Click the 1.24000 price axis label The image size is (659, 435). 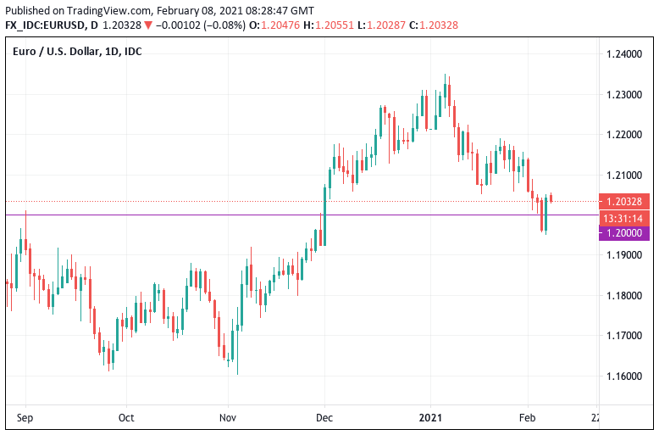pyautogui.click(x=623, y=54)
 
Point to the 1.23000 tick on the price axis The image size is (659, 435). pyautogui.click(x=623, y=94)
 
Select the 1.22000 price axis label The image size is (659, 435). pyautogui.click(x=623, y=135)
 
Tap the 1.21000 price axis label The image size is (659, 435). pyautogui.click(x=623, y=175)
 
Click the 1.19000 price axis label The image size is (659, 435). pyautogui.click(x=623, y=255)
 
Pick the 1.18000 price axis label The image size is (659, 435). pyautogui.click(x=623, y=295)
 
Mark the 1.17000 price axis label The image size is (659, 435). pyautogui.click(x=623, y=336)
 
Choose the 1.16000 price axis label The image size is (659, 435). pyautogui.click(x=623, y=376)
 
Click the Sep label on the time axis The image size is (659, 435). pyautogui.click(x=25, y=417)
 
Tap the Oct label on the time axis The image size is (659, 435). pyautogui.click(x=126, y=417)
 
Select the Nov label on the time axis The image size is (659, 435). pyautogui.click(x=227, y=417)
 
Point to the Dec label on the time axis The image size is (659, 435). pyautogui.click(x=324, y=417)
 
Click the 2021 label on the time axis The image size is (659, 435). pyautogui.click(x=430, y=417)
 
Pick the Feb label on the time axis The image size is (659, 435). pyautogui.click(x=527, y=417)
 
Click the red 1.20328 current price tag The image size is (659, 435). pyautogui.click(x=625, y=202)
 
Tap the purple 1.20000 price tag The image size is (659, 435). pyautogui.click(x=625, y=233)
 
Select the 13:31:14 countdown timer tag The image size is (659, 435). pyautogui.click(x=625, y=218)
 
